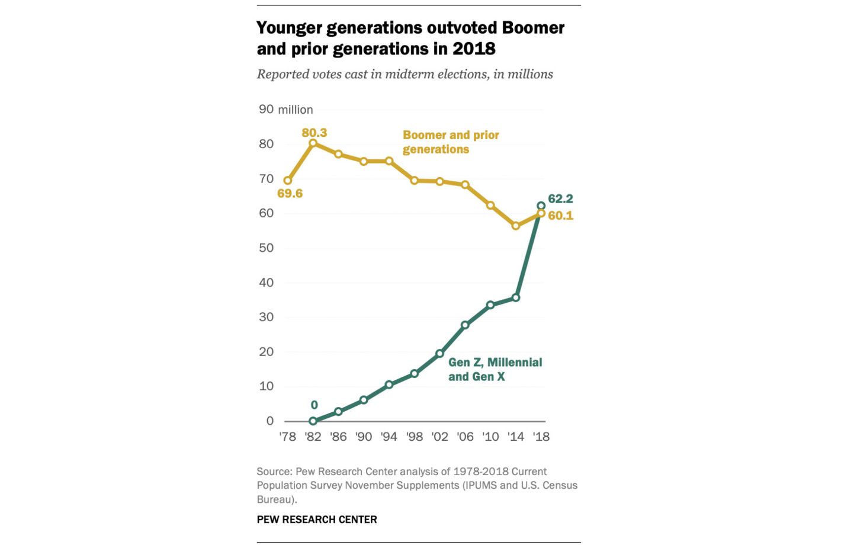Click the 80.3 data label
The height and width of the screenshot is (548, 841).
pos(314,133)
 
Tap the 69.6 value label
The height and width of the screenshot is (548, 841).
pos(290,194)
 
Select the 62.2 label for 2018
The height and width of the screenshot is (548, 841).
pos(560,199)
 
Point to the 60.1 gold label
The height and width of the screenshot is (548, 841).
pos(560,216)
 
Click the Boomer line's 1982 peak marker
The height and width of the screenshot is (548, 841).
pos(313,143)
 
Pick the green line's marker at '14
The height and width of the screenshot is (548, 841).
pos(516,297)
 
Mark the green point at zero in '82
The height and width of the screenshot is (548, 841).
pos(313,421)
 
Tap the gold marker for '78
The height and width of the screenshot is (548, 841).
pos(288,181)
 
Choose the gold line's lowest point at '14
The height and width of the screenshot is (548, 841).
pos(516,226)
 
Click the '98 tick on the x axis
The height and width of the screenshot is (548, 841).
pos(415,437)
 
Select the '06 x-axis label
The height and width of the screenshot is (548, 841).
pos(465,437)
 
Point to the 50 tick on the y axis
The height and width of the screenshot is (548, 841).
pos(266,248)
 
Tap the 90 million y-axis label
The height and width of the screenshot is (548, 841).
pos(285,110)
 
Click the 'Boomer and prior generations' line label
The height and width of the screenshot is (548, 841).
pos(450,142)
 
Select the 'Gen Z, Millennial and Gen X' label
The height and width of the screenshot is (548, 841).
pos(495,370)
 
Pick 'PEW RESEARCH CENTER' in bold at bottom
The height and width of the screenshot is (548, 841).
pos(317,520)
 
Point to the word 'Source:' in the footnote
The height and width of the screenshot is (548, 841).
pos(274,472)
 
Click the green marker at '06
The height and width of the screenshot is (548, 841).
pos(465,325)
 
